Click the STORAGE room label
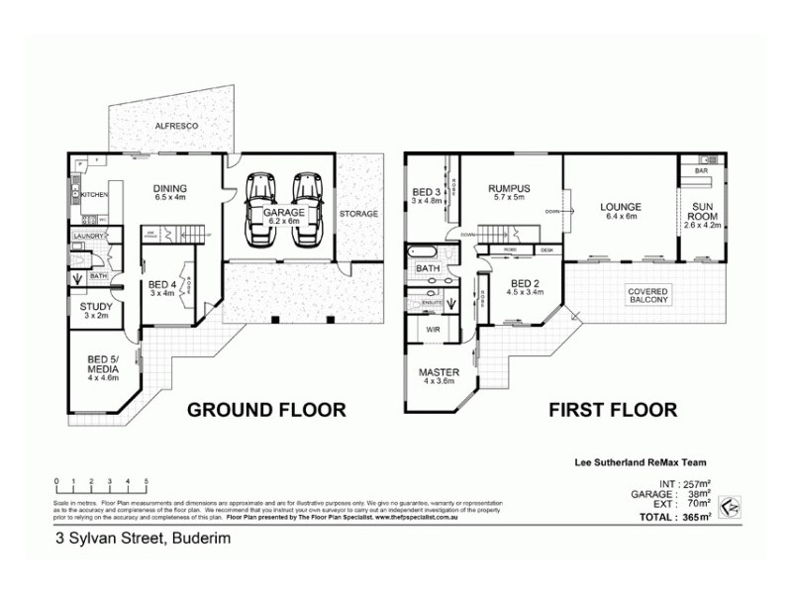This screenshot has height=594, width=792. (x=357, y=213)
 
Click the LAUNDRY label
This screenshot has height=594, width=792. (x=87, y=236)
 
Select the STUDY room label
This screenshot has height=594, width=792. (x=96, y=311)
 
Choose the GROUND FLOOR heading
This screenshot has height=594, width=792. (x=266, y=409)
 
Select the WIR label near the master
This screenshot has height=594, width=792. (x=433, y=329)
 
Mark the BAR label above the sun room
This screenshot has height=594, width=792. (x=701, y=171)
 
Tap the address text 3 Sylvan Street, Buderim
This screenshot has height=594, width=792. (x=134, y=540)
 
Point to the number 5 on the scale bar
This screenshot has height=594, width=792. (x=147, y=481)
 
